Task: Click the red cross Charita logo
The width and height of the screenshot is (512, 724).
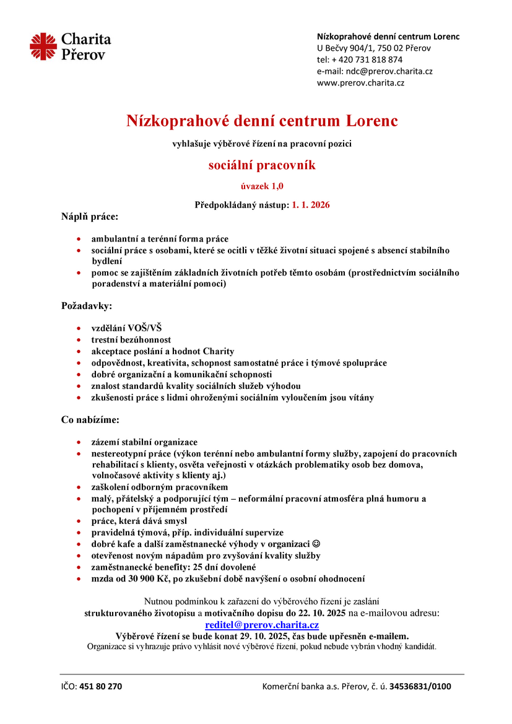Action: [x=43, y=47]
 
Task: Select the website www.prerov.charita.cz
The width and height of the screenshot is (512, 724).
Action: [x=360, y=82]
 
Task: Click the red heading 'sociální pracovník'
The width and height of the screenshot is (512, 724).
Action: [x=261, y=165]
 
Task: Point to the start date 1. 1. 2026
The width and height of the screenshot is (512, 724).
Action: [x=311, y=204]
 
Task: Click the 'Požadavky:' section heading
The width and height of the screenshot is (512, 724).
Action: [x=86, y=305]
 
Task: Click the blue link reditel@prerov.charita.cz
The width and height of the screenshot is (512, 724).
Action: [x=262, y=625]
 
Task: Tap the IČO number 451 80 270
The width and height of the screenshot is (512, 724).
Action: [x=101, y=686]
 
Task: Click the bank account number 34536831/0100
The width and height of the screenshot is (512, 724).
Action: [x=420, y=686]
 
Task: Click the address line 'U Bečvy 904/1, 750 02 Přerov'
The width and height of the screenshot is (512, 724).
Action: [x=374, y=48]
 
